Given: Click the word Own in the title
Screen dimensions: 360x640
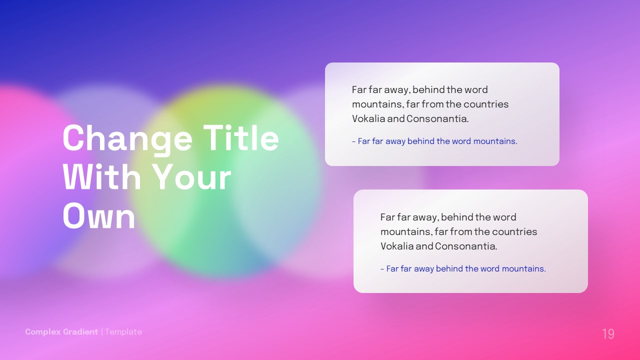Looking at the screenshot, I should [99, 216].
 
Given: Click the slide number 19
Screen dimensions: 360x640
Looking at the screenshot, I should [608, 334].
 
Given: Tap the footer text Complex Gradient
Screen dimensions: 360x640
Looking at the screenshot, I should [61, 332].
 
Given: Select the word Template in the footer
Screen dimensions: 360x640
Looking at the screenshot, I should [123, 332].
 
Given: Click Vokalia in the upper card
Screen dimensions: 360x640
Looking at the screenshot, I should [368, 119].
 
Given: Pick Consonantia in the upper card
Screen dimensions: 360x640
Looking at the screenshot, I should [437, 119].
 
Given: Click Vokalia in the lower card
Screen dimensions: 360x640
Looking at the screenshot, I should [396, 246].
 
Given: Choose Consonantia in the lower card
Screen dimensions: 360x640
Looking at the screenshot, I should [466, 246].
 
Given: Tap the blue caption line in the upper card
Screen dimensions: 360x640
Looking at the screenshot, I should [434, 141].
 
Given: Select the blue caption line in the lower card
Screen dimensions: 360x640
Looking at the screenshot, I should [463, 269].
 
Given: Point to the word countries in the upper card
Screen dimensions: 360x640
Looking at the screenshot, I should [486, 104].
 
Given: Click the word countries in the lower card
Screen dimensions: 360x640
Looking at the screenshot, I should [514, 232].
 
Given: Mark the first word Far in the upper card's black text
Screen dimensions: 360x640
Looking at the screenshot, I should [359, 90].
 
